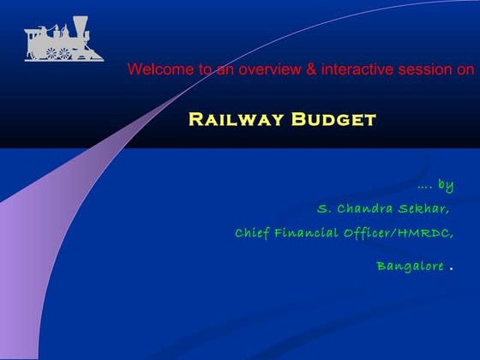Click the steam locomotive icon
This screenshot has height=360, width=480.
(57, 40)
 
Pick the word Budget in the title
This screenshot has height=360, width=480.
(333, 119)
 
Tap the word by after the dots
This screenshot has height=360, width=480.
(446, 185)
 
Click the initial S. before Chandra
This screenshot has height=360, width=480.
(324, 209)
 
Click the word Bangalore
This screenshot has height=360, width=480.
(410, 266)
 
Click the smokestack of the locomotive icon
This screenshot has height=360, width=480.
(80, 25)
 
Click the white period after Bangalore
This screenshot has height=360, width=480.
(451, 268)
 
